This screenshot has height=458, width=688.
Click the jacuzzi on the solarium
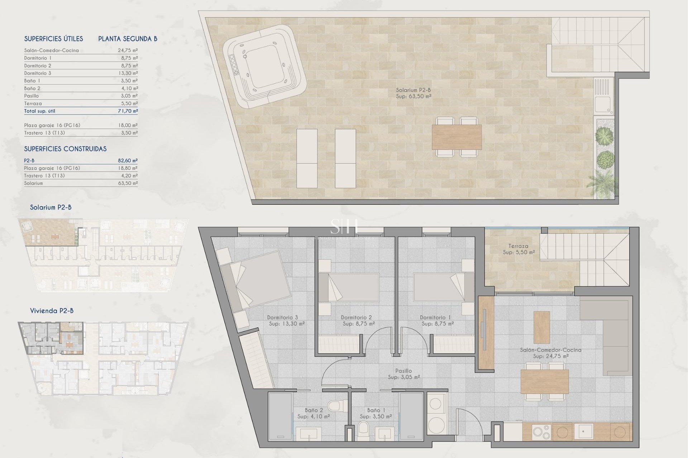[x=264, y=67]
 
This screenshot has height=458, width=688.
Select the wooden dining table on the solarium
[x=457, y=137]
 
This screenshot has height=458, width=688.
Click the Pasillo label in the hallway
[x=403, y=371]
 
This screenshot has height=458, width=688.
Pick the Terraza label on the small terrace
[x=518, y=246]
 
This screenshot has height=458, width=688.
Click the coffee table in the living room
[x=541, y=327]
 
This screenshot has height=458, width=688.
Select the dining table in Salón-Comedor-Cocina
[x=545, y=381]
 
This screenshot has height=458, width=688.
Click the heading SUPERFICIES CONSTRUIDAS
[x=65, y=149]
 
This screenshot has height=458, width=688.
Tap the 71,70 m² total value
[x=128, y=111]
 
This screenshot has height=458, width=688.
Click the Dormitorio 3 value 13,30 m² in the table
[x=128, y=73]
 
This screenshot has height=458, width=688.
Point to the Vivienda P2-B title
[x=52, y=311]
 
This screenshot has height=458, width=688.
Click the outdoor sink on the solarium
[x=602, y=104]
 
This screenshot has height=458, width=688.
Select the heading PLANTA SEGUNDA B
[x=128, y=39]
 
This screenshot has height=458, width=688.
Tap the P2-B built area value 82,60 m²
[x=128, y=161]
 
